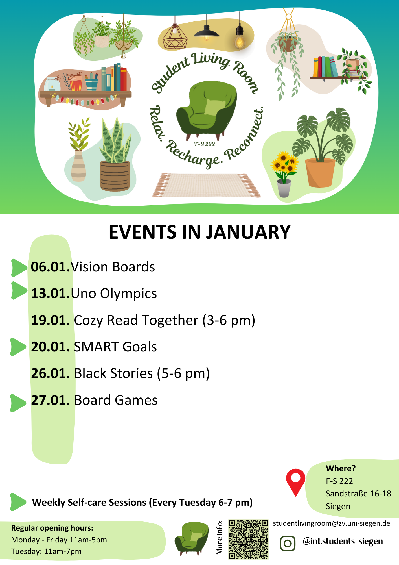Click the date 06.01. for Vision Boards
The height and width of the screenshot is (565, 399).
[x=50, y=267]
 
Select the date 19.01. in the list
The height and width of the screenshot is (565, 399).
[x=51, y=320]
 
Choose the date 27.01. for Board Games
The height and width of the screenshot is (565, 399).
[x=51, y=400]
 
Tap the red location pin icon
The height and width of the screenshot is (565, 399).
[x=295, y=482]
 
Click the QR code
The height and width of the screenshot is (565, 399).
[x=248, y=539]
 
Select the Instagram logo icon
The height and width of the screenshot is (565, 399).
[x=288, y=543]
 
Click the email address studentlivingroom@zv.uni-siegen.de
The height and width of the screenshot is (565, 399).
[x=332, y=523]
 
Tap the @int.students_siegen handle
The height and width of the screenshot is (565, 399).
[x=343, y=541]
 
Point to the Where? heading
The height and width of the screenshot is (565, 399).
[x=341, y=468]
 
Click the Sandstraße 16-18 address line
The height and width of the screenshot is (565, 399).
[x=358, y=494]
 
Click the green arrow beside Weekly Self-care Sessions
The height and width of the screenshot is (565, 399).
[x=18, y=502]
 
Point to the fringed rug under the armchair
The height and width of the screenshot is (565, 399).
[x=206, y=185]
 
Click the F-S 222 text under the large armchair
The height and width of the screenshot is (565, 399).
[x=205, y=144]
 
